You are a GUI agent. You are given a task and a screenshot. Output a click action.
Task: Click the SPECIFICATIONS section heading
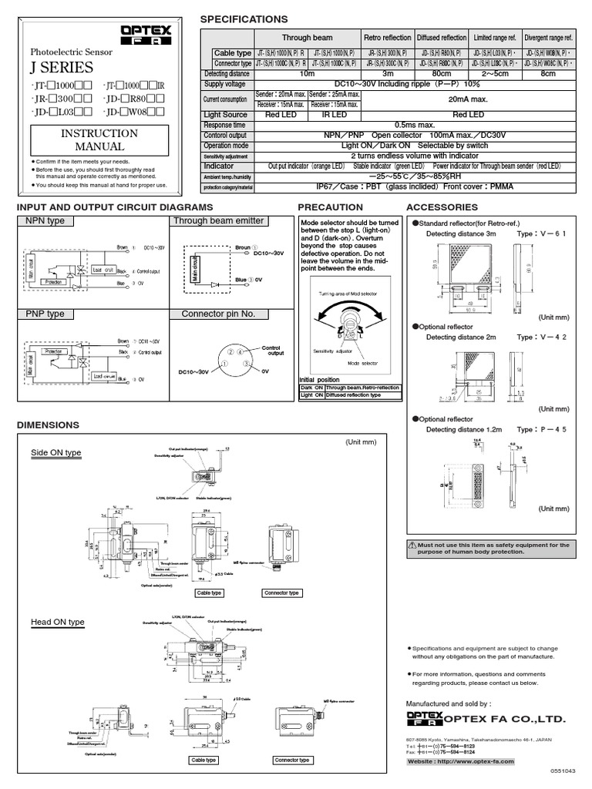244,19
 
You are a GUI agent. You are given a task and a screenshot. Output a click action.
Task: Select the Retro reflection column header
387,37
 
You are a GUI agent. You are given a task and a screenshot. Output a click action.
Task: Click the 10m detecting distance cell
307,73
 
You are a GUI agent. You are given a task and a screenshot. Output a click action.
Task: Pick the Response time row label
224,124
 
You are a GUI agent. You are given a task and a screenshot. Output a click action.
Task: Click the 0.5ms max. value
415,124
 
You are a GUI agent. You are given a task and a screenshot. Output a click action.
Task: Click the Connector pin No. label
218,314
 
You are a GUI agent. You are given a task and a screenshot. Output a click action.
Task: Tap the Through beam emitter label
218,221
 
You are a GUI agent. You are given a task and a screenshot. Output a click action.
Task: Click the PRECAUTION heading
330,207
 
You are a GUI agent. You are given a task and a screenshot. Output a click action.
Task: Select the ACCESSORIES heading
442,207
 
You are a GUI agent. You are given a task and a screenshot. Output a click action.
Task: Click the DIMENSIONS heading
48,425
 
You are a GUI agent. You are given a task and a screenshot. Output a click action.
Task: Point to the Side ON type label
56,453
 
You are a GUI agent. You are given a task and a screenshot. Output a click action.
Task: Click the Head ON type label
57,622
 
